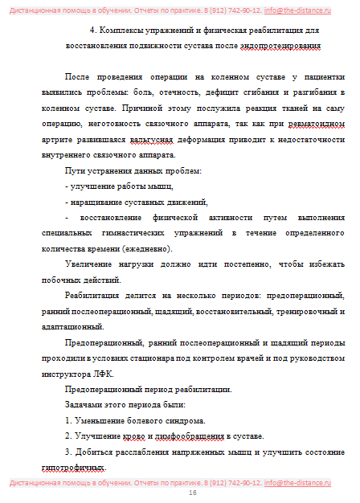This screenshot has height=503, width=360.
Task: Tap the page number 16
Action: tap(192, 493)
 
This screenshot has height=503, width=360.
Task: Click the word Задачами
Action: tap(84, 405)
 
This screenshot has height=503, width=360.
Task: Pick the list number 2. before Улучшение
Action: tap(68, 436)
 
